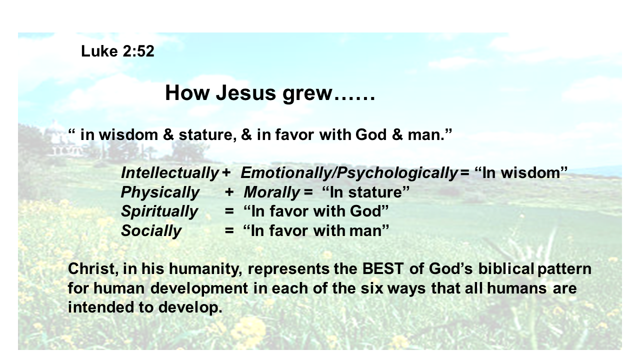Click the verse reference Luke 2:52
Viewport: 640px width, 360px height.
tap(117, 51)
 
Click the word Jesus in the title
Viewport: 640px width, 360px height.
tap(245, 93)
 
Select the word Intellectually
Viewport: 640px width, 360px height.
tap(169, 173)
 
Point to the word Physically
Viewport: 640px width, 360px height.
tap(160, 192)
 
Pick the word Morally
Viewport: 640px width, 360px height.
tap(271, 192)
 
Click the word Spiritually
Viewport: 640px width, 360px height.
tap(159, 212)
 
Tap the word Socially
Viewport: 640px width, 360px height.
tap(151, 231)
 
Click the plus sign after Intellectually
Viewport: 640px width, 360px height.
tap(226, 173)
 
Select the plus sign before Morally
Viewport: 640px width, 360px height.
tap(229, 192)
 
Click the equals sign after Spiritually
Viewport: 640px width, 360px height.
tap(229, 211)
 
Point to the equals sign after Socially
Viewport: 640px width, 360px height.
tap(229, 230)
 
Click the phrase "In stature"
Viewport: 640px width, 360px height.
tap(365, 192)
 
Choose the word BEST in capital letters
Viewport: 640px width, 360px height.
tap(383, 269)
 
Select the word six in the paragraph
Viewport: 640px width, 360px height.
tap(371, 288)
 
